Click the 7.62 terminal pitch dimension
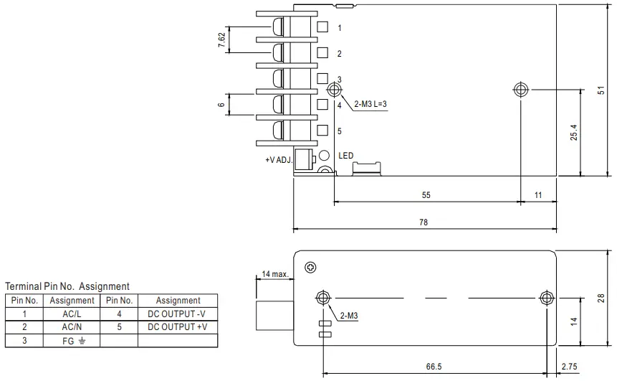point(222,41)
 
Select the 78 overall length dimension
point(423,222)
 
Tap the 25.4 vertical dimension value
point(574,132)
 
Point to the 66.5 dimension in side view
point(434,366)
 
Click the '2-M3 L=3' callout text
point(371,104)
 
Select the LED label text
point(346,156)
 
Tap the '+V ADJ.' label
point(278,160)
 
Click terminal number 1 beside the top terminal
point(340,27)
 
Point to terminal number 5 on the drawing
point(340,131)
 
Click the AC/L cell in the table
point(72,314)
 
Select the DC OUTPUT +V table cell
point(178,326)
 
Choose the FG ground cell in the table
point(72,340)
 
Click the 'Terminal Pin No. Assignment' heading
point(67,286)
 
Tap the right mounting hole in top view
point(521,90)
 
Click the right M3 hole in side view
point(547,297)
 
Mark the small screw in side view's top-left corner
point(310,268)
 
